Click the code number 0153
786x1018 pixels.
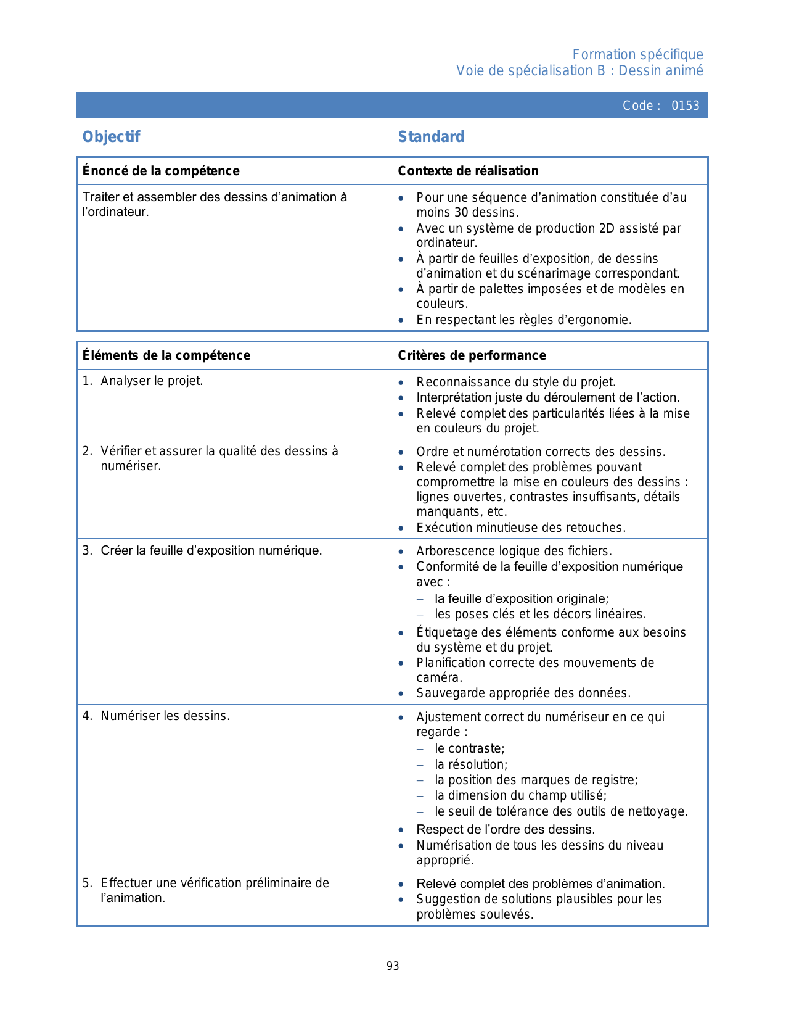pos(685,106)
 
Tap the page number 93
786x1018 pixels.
pos(393,966)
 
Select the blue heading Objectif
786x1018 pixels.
pos(112,136)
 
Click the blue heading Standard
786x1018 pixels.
pos(431,136)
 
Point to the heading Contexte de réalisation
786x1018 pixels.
pos(468,171)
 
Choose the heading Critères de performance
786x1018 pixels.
pos(472,355)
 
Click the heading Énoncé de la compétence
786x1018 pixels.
pos(161,171)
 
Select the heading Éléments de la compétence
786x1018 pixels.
pos(166,355)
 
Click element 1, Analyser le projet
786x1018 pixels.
pos(152,381)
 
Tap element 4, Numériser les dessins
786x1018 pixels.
pos(165,716)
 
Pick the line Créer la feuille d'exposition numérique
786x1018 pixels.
pos(211,550)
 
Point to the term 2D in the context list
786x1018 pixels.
pos(606,228)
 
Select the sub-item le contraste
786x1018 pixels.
pos(469,748)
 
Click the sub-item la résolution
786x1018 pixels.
pos(470,764)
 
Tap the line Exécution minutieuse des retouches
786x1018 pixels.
pos(521,528)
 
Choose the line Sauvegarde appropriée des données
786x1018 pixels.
pos(523,693)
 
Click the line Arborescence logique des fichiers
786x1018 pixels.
pos(514,551)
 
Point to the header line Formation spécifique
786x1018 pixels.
pos(637,54)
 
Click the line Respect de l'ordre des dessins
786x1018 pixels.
pos(506,829)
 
